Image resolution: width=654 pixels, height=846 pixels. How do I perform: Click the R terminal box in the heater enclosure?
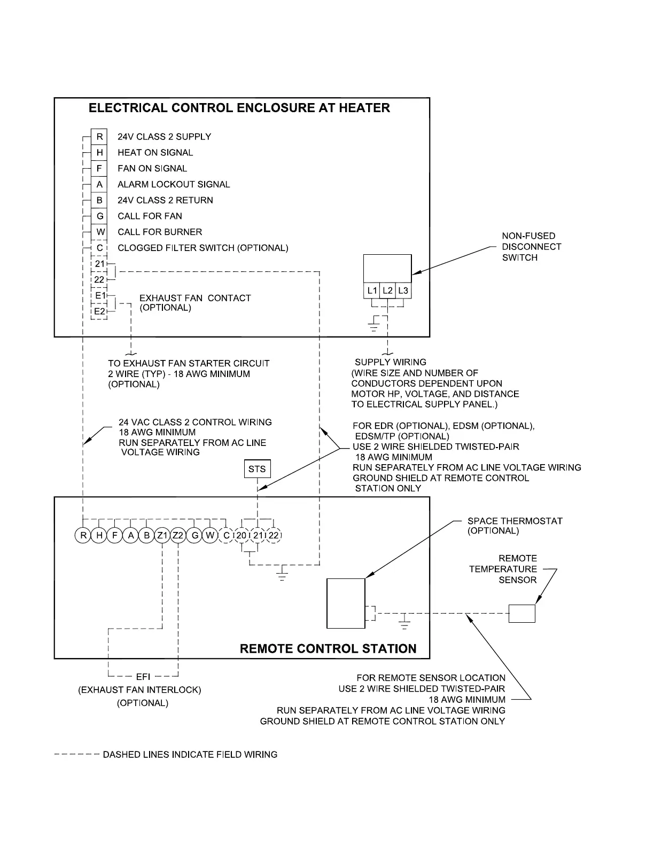tap(99, 137)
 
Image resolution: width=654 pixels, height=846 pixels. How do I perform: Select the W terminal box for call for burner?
tap(99, 232)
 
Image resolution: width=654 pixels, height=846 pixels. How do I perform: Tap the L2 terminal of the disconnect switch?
tap(388, 291)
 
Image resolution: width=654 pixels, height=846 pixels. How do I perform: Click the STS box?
tap(257, 469)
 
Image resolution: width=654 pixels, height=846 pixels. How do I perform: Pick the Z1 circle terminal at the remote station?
tap(162, 535)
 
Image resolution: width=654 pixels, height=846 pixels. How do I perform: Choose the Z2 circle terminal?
tap(178, 535)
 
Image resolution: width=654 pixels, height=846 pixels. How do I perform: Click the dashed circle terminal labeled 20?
tap(242, 535)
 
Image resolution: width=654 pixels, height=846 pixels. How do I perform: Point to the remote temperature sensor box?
tap(521, 614)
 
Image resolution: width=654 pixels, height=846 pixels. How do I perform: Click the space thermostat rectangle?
tap(346, 603)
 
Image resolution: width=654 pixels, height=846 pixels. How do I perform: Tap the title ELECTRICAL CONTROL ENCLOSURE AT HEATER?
tap(239, 108)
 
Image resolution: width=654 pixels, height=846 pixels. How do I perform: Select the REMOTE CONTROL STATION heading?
tap(328, 649)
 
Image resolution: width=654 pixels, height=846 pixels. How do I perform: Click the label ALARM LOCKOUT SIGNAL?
tap(174, 184)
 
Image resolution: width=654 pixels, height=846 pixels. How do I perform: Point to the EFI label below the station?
tap(143, 677)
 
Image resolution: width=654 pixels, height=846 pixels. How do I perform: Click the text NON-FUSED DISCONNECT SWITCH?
tap(531, 247)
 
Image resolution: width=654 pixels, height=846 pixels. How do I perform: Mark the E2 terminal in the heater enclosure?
tap(99, 311)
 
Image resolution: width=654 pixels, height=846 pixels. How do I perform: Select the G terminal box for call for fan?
tap(99, 216)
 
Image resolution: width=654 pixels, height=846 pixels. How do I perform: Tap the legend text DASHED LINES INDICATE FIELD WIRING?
tap(190, 755)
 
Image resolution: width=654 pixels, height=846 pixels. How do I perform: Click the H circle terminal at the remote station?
tap(99, 535)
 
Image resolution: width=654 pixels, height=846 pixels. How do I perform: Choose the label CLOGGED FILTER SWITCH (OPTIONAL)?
tap(203, 248)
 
